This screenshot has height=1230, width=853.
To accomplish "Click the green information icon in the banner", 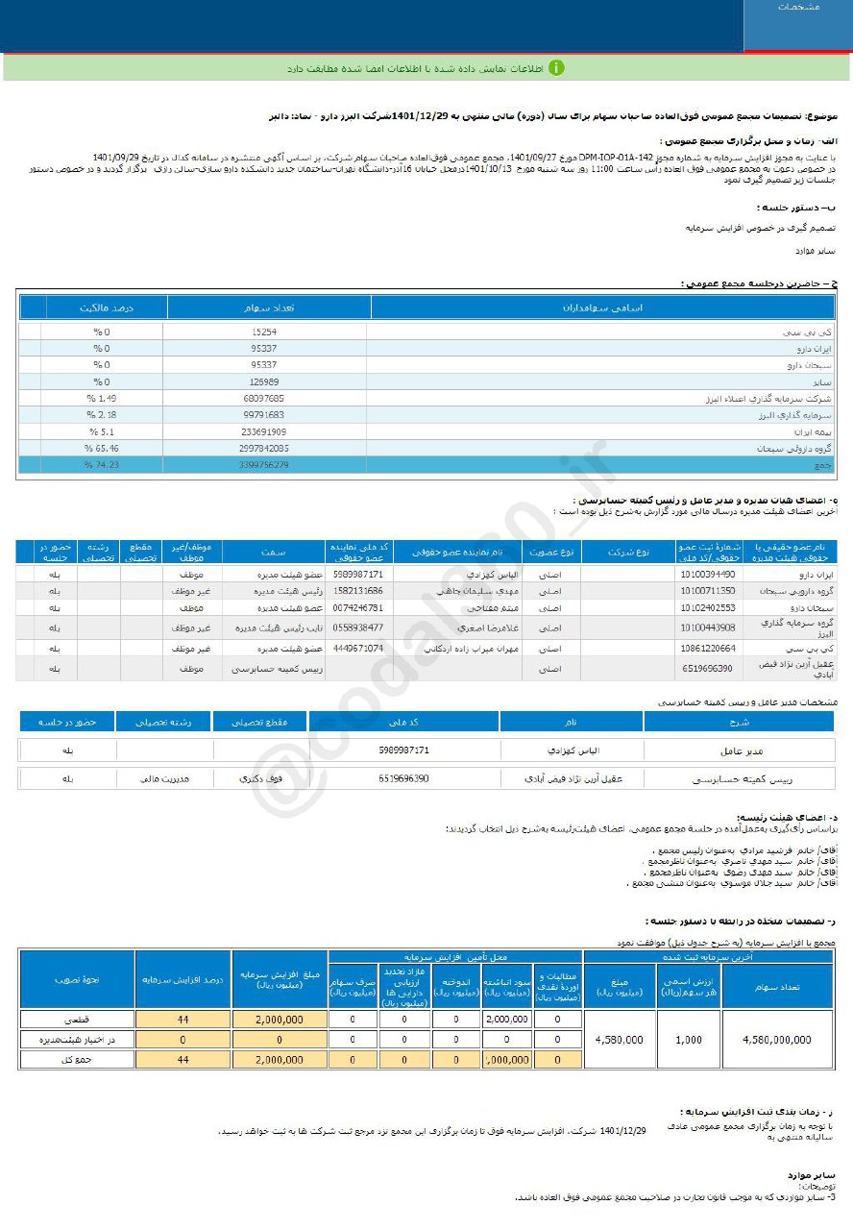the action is coord(556,68).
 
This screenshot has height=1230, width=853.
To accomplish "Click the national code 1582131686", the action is coord(357,591).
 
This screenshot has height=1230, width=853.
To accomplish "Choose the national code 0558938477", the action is coord(357,627).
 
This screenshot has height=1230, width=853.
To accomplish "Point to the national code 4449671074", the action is coord(357,649).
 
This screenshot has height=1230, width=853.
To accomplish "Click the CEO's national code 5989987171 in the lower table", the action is coord(403,750).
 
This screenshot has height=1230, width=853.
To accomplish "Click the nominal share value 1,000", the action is coord(688,1040).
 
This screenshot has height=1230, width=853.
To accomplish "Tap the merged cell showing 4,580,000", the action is coord(620,1040).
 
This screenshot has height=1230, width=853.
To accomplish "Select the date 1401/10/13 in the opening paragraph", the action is coord(484,168).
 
